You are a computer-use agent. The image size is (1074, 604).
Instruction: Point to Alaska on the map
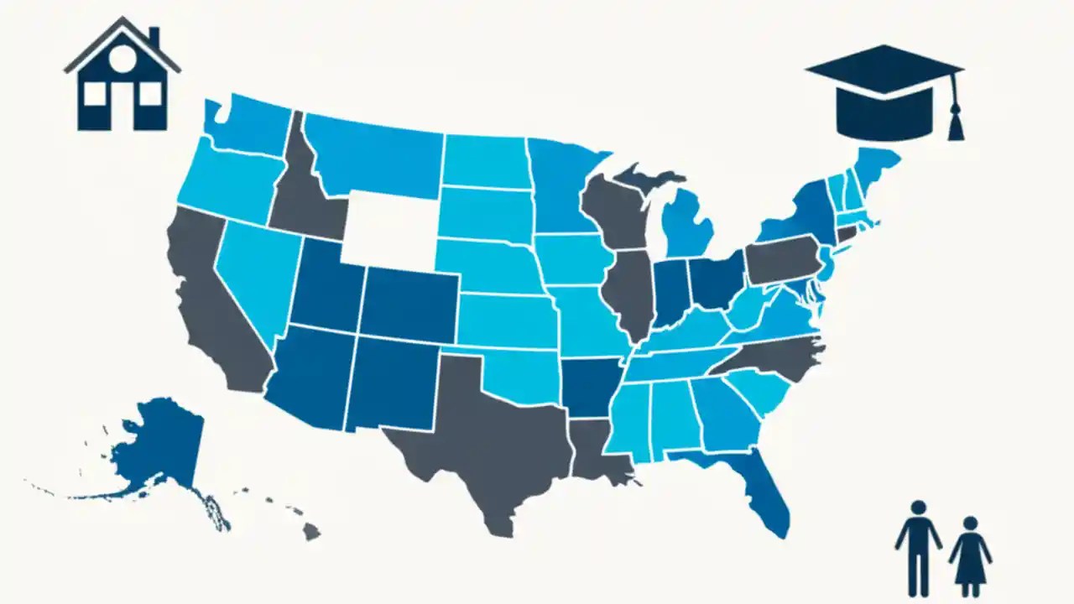click(x=164, y=445)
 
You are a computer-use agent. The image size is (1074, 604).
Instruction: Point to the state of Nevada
click(x=252, y=277)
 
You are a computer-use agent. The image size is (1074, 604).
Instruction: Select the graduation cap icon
click(x=881, y=92)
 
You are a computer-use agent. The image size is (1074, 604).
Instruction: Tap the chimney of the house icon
click(x=154, y=37)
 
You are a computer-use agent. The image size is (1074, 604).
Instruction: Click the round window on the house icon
click(x=123, y=57)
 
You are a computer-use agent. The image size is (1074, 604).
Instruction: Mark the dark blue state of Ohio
click(x=717, y=281)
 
